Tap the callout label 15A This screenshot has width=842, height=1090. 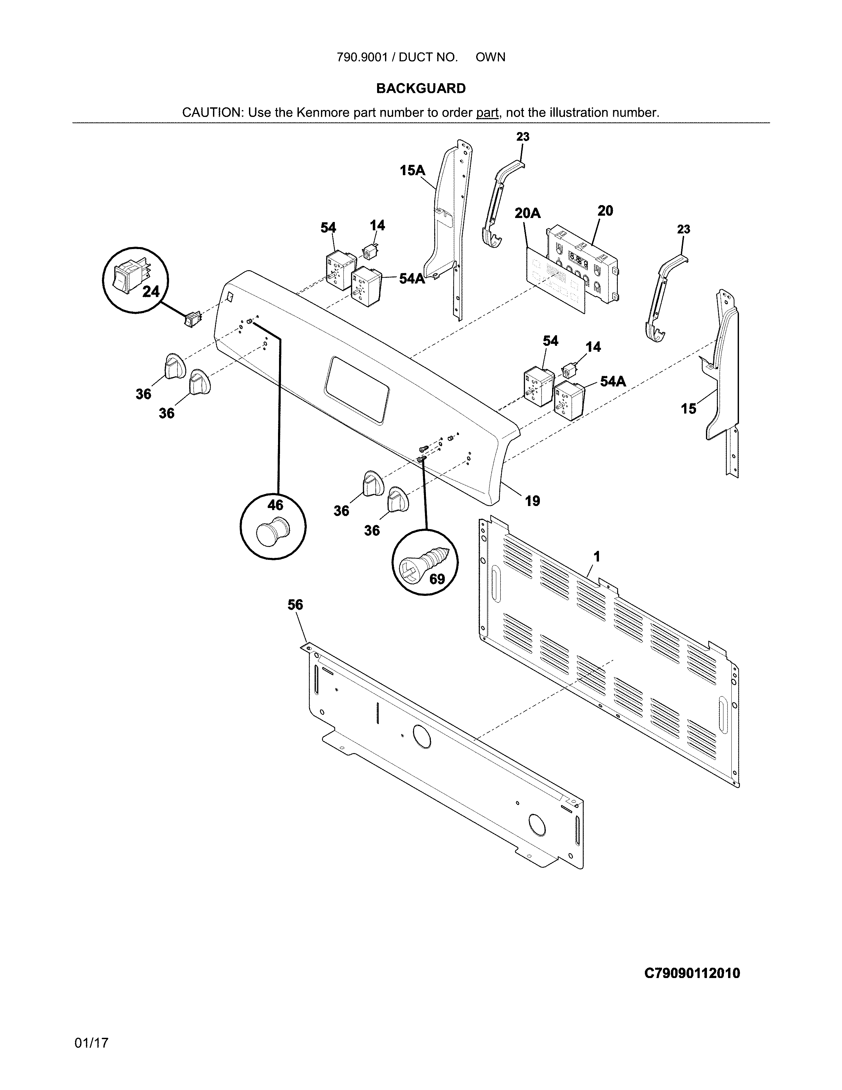pyautogui.click(x=412, y=171)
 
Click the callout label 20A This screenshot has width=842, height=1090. pyautogui.click(x=527, y=214)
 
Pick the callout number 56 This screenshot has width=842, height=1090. pyautogui.click(x=295, y=605)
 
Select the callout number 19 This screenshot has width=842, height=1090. pyautogui.click(x=532, y=501)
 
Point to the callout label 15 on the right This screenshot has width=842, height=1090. pyautogui.click(x=688, y=409)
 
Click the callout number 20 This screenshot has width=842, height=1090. pyautogui.click(x=605, y=211)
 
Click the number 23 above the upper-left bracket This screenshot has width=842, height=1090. pyautogui.click(x=523, y=137)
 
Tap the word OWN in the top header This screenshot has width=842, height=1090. pyautogui.click(x=490, y=57)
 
